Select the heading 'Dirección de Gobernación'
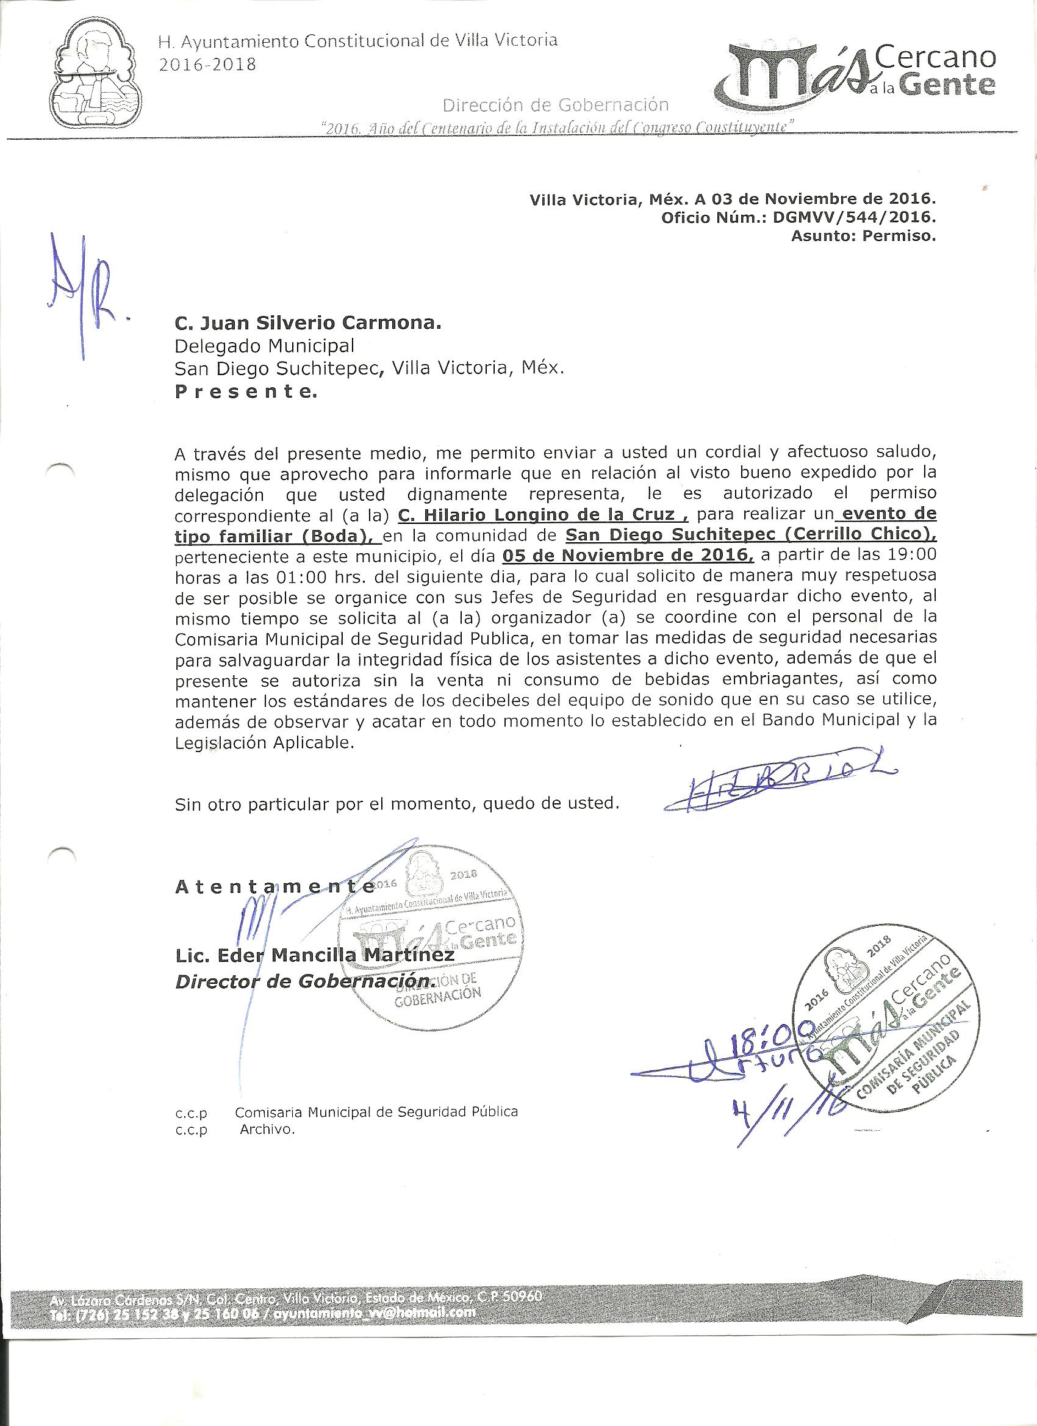point(555,104)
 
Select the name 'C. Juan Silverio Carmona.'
point(307,323)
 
